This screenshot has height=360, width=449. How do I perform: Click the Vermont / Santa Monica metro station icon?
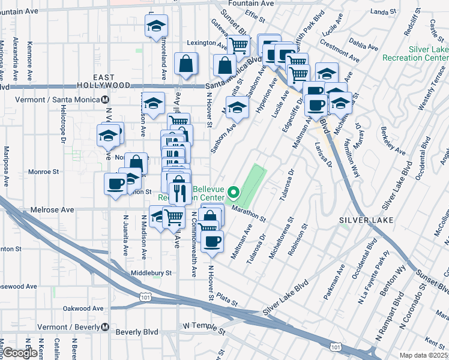(x=105, y=100)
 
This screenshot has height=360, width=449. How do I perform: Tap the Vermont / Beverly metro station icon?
(x=105, y=327)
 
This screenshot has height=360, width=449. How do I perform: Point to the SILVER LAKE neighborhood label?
(x=366, y=220)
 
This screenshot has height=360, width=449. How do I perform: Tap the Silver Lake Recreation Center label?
(x=427, y=54)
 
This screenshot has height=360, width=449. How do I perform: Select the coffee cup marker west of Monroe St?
(x=115, y=184)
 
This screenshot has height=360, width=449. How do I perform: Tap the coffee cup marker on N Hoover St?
(x=211, y=242)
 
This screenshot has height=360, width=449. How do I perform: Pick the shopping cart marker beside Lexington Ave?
(x=239, y=44)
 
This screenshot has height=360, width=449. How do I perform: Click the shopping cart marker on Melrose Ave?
(x=173, y=217)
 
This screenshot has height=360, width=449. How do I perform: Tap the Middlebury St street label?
(x=151, y=272)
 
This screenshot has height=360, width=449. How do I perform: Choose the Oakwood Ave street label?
(x=84, y=308)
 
